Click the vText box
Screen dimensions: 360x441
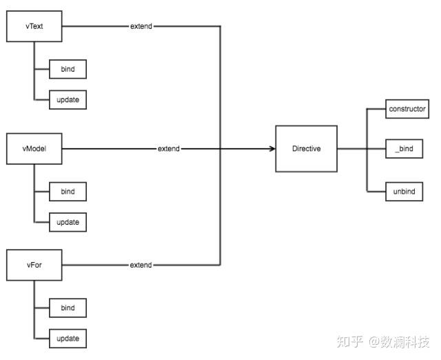pyautogui.click(x=34, y=27)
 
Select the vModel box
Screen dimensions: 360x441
pyautogui.click(x=34, y=149)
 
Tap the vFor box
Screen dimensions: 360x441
pyautogui.click(x=34, y=265)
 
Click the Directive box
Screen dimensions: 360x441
pyautogui.click(x=306, y=149)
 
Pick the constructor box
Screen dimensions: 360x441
pyautogui.click(x=407, y=109)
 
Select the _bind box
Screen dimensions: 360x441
pyautogui.click(x=404, y=149)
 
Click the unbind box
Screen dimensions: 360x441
pyautogui.click(x=404, y=191)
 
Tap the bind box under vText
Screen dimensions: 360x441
pyautogui.click(x=68, y=69)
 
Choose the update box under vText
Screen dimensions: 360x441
pyautogui.click(x=68, y=100)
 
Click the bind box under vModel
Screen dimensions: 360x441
pyautogui.click(x=68, y=191)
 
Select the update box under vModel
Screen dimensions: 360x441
pyautogui.click(x=68, y=222)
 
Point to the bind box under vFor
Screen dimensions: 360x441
pyautogui.click(x=68, y=308)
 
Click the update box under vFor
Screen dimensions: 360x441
pyautogui.click(x=68, y=339)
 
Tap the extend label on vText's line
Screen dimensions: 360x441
pyautogui.click(x=141, y=27)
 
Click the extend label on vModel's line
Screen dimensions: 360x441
pyautogui.click(x=169, y=149)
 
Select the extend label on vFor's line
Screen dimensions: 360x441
pyautogui.click(x=141, y=265)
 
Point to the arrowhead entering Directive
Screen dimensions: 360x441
pyautogui.click(x=271, y=149)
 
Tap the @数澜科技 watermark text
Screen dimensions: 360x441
pyautogui.click(x=399, y=341)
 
